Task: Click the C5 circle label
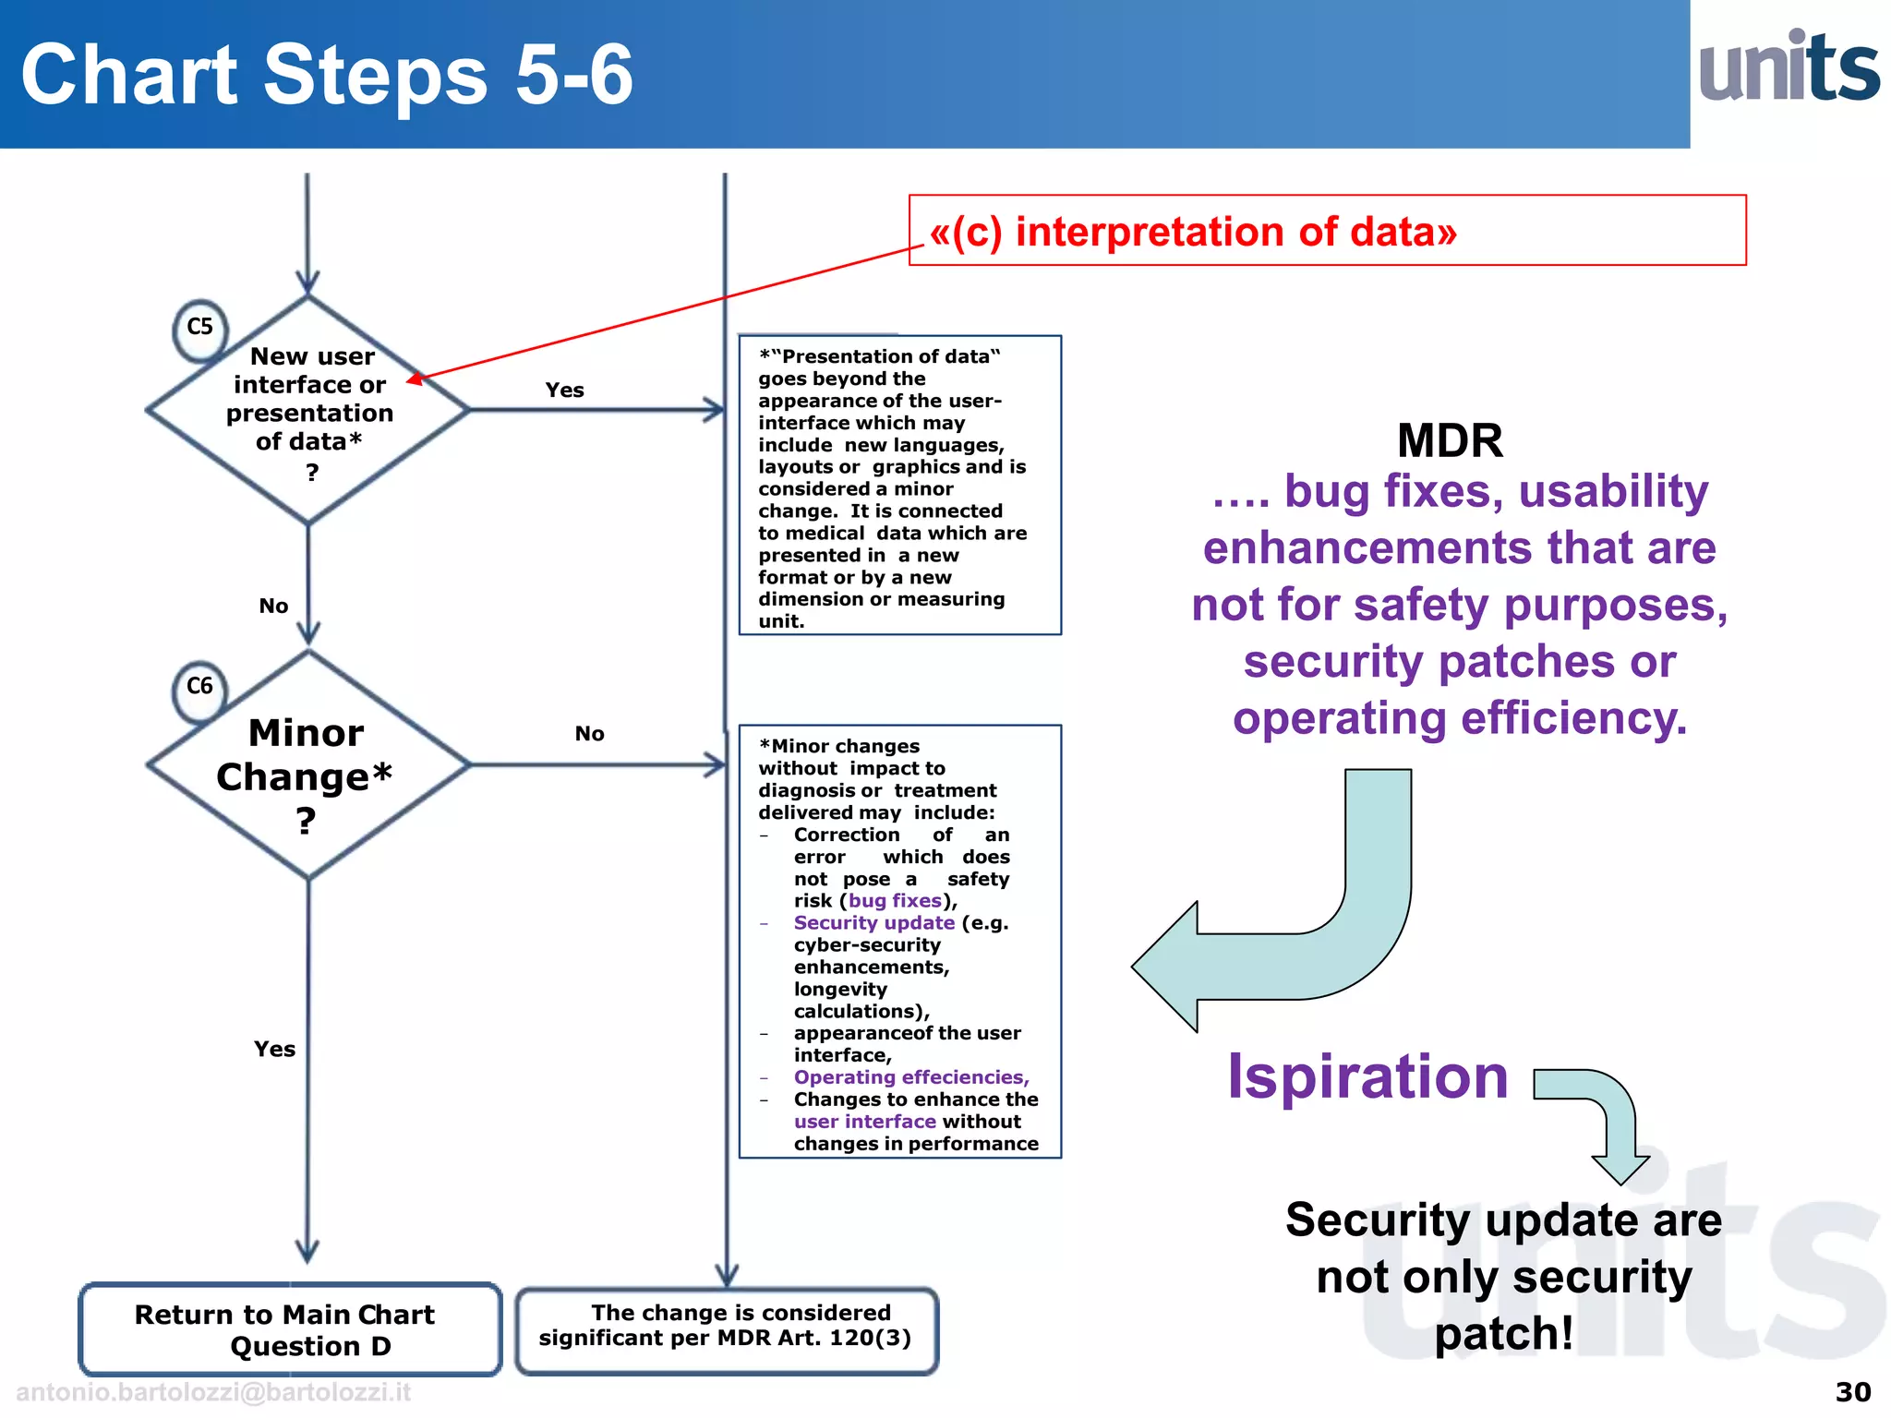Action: coord(199,328)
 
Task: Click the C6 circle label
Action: coord(199,687)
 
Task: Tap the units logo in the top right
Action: coord(1789,68)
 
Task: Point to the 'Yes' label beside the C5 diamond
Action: coord(564,391)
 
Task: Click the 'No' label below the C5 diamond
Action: coord(273,607)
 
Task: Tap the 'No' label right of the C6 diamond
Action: coord(589,734)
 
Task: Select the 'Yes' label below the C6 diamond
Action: coord(274,1050)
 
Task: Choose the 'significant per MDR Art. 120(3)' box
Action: coord(726,1327)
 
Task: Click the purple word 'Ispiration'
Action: coord(1367,1077)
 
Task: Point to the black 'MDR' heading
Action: coord(1450,440)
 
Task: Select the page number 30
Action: coord(1852,1392)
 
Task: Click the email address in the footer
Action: coord(213,1392)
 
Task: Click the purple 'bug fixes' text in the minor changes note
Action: coord(895,901)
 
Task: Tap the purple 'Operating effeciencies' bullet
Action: coord(910,1077)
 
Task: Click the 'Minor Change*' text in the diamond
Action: coord(306,756)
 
